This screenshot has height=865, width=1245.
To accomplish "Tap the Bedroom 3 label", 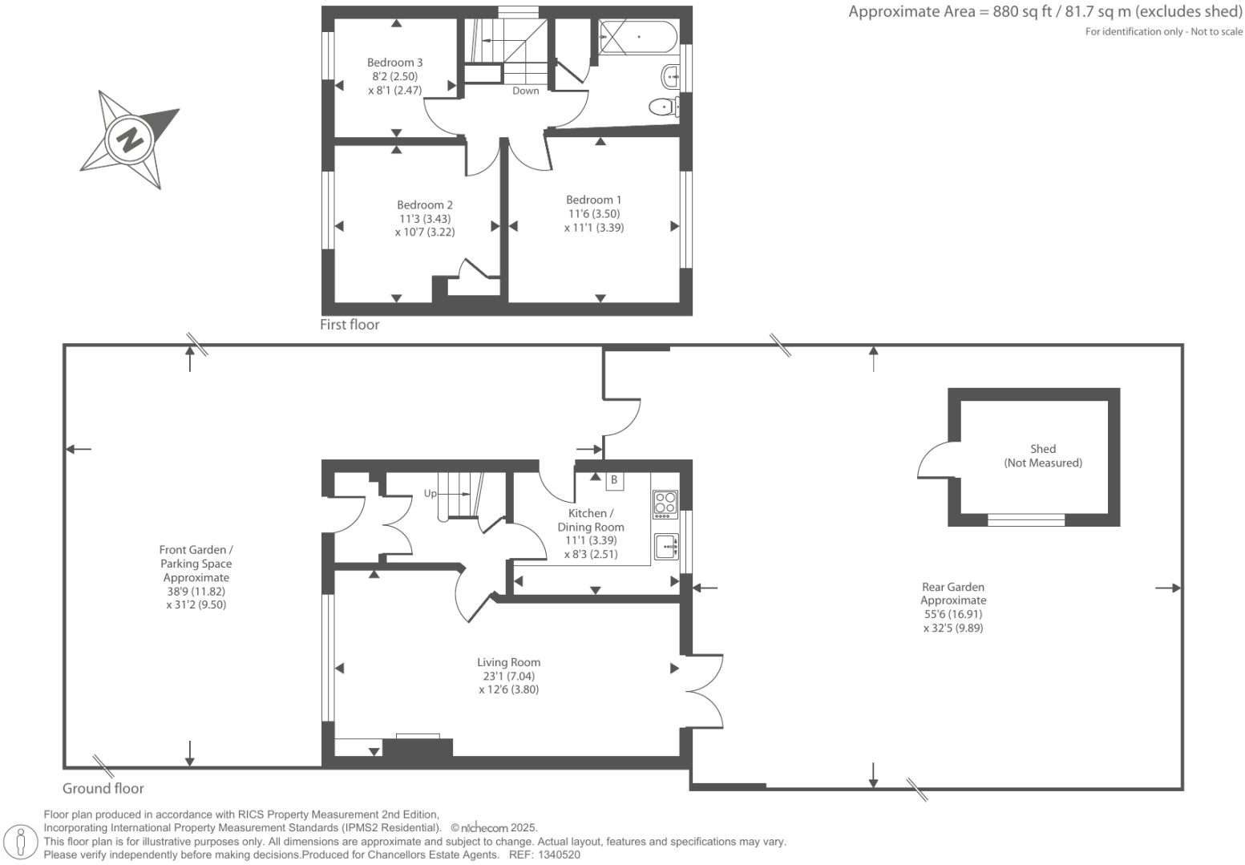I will click(x=394, y=63).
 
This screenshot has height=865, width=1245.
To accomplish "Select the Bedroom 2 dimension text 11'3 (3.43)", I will click(x=425, y=219).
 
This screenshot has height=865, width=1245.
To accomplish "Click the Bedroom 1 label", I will click(x=593, y=200).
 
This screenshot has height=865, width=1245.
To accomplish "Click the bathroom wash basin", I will click(x=671, y=78).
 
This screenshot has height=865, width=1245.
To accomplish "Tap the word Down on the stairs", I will click(x=526, y=91).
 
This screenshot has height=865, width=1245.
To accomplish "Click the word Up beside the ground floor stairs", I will click(x=430, y=493).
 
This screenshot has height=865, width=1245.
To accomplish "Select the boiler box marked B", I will click(x=614, y=480).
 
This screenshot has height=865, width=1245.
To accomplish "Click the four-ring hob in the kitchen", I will click(x=665, y=503).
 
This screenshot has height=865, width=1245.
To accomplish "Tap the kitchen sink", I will click(x=665, y=547).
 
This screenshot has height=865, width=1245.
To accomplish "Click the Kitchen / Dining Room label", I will click(x=591, y=520).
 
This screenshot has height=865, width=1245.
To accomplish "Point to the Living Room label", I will click(x=508, y=662).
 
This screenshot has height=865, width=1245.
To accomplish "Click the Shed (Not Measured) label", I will click(x=1043, y=455).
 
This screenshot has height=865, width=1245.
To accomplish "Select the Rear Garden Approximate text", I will click(x=953, y=593).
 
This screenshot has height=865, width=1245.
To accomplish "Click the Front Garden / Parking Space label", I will click(x=196, y=563).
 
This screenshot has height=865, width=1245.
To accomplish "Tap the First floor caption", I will click(x=350, y=325).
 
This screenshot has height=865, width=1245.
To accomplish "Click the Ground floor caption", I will click(x=103, y=788).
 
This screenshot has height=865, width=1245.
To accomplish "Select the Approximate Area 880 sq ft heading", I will click(x=1045, y=12).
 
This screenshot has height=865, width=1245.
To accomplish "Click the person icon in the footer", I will click(x=22, y=842).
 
